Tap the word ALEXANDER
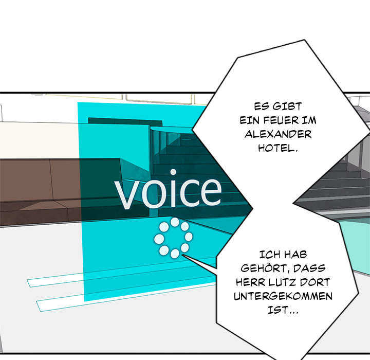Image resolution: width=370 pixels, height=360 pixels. point(278,134)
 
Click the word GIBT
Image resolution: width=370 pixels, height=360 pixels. point(287,106)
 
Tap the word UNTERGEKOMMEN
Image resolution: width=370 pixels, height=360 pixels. point(283,296)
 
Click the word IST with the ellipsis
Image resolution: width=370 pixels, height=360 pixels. point(283,310)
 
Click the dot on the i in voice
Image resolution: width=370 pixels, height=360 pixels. point(173,172)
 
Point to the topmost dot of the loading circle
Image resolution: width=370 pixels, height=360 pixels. point(175,222)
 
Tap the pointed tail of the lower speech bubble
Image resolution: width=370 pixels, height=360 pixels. point(182,255)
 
